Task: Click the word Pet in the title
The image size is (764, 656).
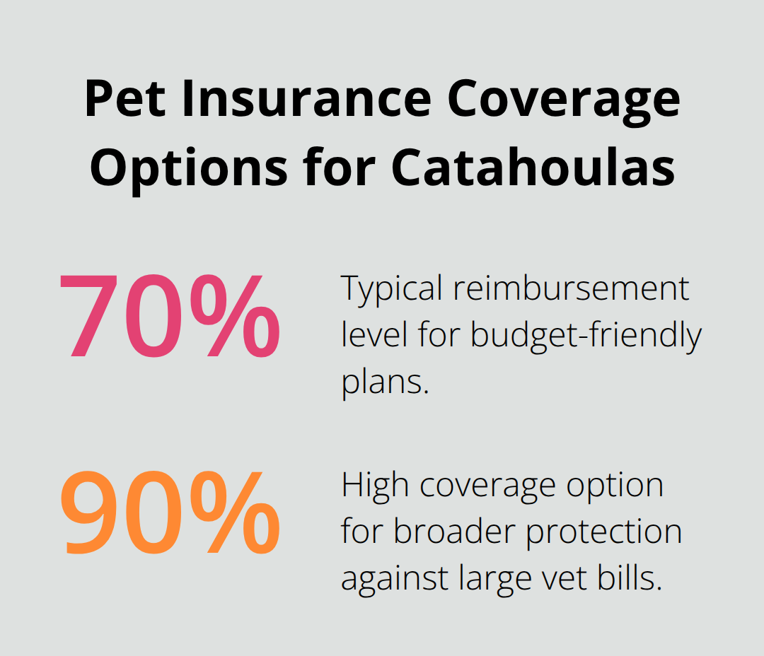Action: coord(125,98)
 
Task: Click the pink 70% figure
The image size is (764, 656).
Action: coord(169,315)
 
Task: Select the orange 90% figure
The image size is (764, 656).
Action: coord(169,512)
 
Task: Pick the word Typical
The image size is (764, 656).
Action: coord(393,289)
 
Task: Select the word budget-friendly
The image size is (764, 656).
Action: coord(585,335)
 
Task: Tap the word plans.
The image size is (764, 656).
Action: coord(384,382)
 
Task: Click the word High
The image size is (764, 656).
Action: coord(370,486)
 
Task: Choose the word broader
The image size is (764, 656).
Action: coord(456,532)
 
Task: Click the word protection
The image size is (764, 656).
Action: coord(604,532)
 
